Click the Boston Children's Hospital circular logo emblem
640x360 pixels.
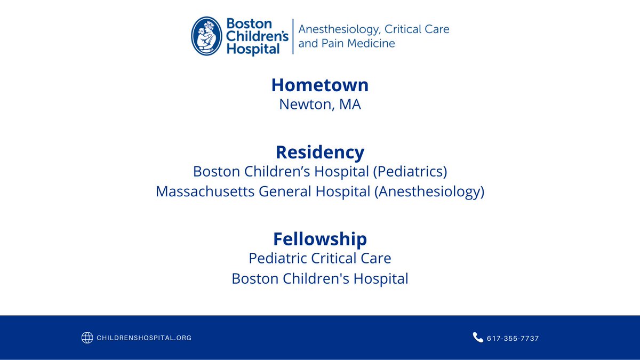tap(207, 36)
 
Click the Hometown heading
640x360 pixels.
tap(319, 85)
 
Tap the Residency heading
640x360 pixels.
tap(319, 153)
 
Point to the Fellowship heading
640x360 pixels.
tap(319, 238)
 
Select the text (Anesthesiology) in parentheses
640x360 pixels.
tap(429, 191)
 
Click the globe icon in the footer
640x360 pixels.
tap(87, 338)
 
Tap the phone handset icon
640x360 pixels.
tap(478, 337)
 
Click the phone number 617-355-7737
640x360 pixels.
tap(513, 338)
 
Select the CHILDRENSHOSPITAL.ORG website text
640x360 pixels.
tap(144, 338)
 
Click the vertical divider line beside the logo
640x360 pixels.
tap(293, 36)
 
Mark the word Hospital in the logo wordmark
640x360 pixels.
tap(253, 49)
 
